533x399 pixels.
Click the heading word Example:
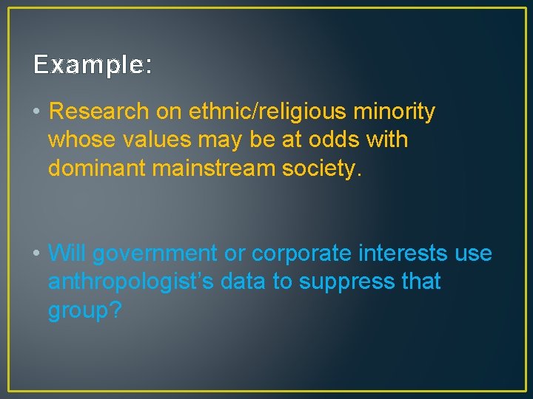tap(93, 66)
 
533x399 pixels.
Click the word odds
tap(326, 140)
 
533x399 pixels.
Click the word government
tap(155, 253)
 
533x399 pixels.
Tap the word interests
tap(403, 253)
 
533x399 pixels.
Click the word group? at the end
tap(84, 311)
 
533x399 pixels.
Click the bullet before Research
tap(36, 112)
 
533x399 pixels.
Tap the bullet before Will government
tap(36, 253)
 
